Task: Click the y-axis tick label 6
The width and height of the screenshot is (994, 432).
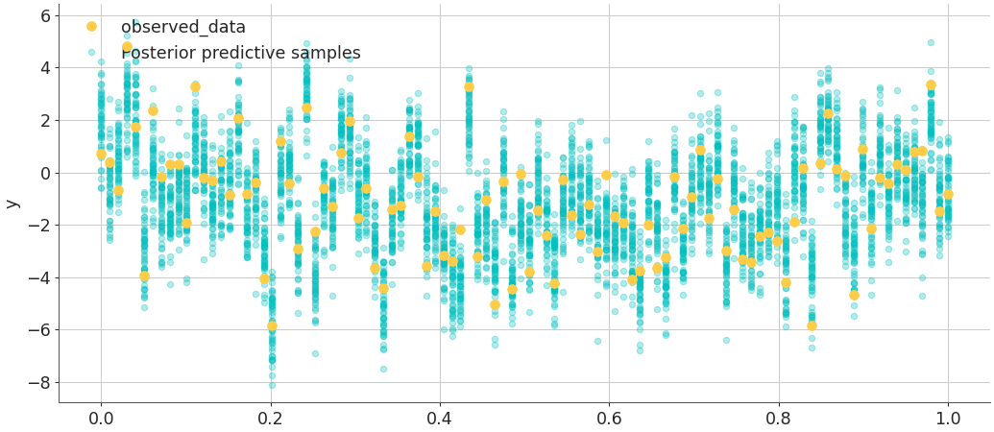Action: pyautogui.click(x=44, y=16)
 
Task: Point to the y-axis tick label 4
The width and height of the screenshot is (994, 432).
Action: pyautogui.click(x=44, y=68)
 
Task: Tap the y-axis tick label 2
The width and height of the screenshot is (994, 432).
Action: pyautogui.click(x=44, y=121)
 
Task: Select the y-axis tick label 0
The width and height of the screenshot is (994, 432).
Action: pyautogui.click(x=44, y=174)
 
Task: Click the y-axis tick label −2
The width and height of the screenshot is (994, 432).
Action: pyautogui.click(x=39, y=226)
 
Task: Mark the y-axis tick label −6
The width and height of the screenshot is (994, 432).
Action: pyautogui.click(x=39, y=330)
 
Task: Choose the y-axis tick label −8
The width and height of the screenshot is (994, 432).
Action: pyautogui.click(x=39, y=383)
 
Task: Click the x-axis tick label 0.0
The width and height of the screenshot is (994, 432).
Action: pyautogui.click(x=101, y=419)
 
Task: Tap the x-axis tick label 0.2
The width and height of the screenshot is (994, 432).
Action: pyautogui.click(x=270, y=419)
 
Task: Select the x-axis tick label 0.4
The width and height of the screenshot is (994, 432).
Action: pyautogui.click(x=440, y=419)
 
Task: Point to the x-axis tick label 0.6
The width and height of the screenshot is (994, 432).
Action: pyautogui.click(x=610, y=419)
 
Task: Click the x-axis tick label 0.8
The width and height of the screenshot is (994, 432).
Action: pyautogui.click(x=779, y=419)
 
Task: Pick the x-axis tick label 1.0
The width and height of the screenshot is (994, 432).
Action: pyautogui.click(x=949, y=419)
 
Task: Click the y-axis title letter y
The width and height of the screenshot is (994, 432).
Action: pyautogui.click(x=12, y=204)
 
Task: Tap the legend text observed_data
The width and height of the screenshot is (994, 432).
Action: pyautogui.click(x=183, y=28)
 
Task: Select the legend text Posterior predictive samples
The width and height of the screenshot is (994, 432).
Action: pyautogui.click(x=241, y=54)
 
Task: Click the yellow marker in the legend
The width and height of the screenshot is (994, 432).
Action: pyautogui.click(x=91, y=27)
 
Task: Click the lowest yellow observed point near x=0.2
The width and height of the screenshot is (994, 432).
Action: pyautogui.click(x=272, y=326)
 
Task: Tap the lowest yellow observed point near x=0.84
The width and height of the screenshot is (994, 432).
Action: pyautogui.click(x=812, y=325)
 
